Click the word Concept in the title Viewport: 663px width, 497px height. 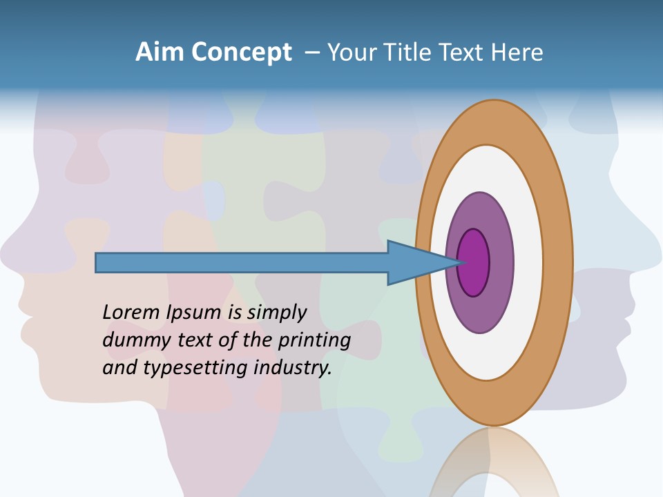(241, 53)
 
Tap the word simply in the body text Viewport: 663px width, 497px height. (277, 313)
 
